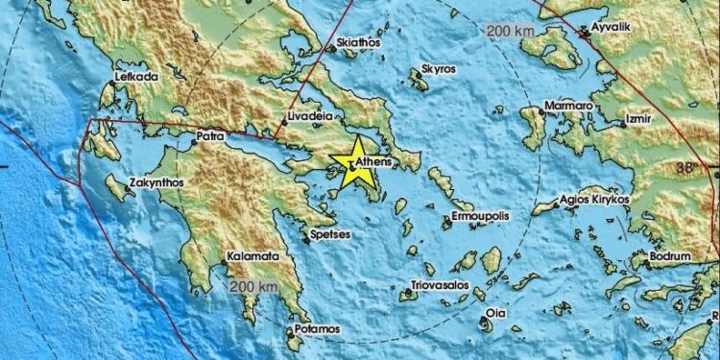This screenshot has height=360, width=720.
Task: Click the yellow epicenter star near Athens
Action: click(351, 159)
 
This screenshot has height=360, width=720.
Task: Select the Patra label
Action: click(209, 137)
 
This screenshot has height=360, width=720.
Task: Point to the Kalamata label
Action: click(252, 257)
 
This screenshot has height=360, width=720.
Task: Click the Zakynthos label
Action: click(156, 180)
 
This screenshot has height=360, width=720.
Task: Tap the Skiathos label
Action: click(360, 43)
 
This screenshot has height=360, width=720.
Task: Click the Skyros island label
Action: click(440, 72)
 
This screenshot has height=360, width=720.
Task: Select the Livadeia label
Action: click(308, 118)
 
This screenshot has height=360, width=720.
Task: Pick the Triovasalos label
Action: click(438, 284)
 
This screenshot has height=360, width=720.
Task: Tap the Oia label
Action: click(495, 313)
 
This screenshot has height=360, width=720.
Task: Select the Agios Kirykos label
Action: click(595, 199)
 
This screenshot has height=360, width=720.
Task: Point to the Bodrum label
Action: click(669, 257)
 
